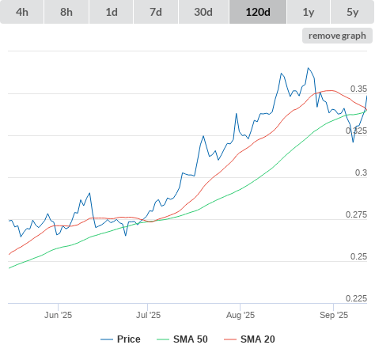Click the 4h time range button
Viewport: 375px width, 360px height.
pyautogui.click(x=22, y=12)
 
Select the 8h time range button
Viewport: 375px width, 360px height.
pyautogui.click(x=66, y=12)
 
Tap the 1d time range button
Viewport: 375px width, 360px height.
pyautogui.click(x=112, y=12)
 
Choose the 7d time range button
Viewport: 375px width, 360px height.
pyautogui.click(x=156, y=12)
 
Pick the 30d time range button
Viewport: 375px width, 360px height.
pyautogui.click(x=203, y=12)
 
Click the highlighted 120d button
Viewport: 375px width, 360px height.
pyautogui.click(x=258, y=12)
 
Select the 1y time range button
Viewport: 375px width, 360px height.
pyautogui.click(x=309, y=12)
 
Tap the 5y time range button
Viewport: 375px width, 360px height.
pyautogui.click(x=353, y=12)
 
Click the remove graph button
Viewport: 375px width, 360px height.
pyautogui.click(x=337, y=36)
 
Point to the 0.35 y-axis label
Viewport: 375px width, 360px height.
pyautogui.click(x=358, y=89)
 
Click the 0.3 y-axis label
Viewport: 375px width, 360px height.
pyautogui.click(x=361, y=172)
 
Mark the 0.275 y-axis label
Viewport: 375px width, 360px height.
pyautogui.click(x=356, y=214)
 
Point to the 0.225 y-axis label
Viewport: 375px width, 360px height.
pyautogui.click(x=356, y=298)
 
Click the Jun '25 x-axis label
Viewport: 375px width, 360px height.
pyautogui.click(x=58, y=315)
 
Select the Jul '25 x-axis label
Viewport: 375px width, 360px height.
pyautogui.click(x=148, y=315)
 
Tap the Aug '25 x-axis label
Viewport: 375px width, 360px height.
pyautogui.click(x=241, y=315)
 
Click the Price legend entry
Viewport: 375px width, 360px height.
pyautogui.click(x=120, y=339)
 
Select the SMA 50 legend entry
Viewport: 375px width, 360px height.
pyautogui.click(x=182, y=339)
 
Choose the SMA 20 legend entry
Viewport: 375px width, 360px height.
pyautogui.click(x=249, y=339)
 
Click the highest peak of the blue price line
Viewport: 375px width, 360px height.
pyautogui.click(x=308, y=68)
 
